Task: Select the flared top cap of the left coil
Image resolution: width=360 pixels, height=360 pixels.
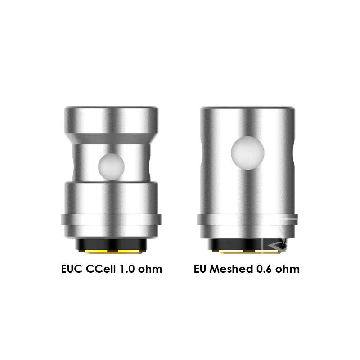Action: point(111,118)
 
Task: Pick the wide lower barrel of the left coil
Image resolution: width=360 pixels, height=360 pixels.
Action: point(111,198)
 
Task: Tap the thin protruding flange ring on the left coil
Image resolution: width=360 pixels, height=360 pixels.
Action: point(111,221)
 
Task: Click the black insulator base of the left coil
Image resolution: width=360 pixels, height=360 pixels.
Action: point(111,243)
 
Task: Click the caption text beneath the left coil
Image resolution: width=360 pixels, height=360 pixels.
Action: point(111,269)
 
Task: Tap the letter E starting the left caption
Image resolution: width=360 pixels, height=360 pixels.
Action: point(64,269)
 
